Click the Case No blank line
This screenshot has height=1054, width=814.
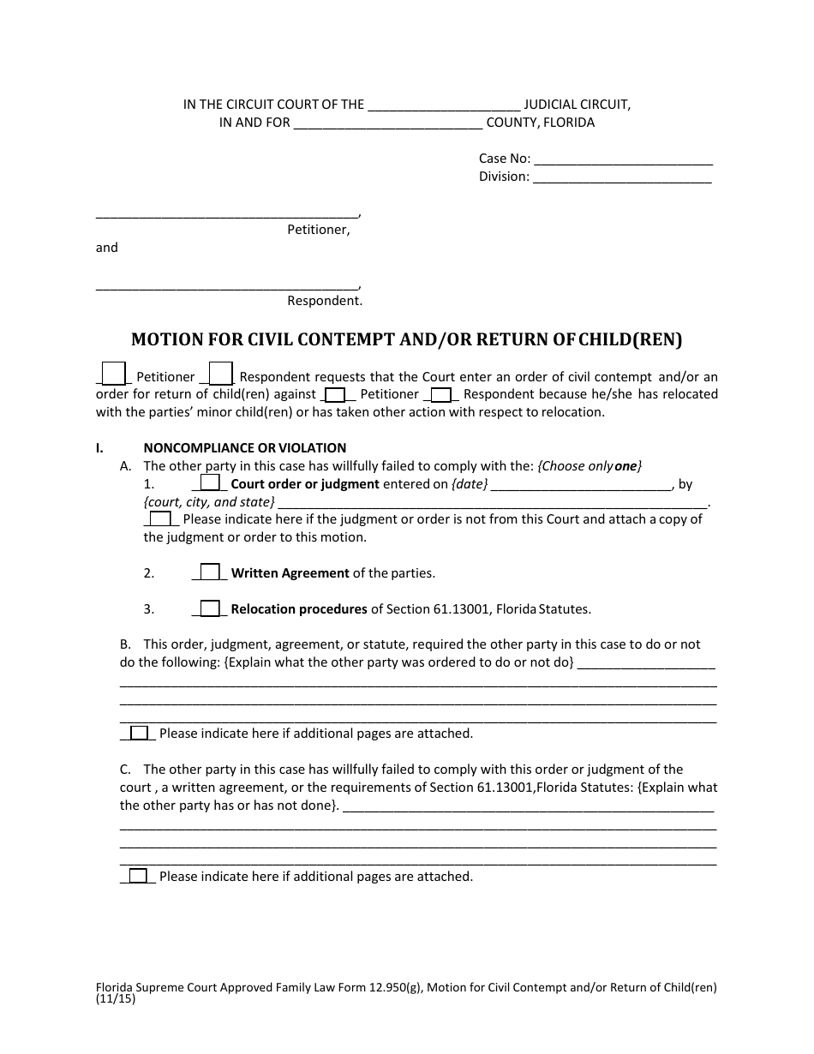[623, 159]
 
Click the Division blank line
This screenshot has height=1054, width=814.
[621, 178]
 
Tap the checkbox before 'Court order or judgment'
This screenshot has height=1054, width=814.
[210, 483]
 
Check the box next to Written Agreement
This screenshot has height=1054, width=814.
[210, 572]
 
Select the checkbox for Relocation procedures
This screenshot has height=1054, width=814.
[210, 608]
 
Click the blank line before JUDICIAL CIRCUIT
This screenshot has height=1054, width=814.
[443, 106]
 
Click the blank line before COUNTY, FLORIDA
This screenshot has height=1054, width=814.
[388, 123]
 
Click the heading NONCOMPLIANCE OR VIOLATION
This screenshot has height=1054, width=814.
[244, 447]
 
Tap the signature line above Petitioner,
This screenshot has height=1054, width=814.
[227, 214]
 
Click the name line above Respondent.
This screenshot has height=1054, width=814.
[227, 285]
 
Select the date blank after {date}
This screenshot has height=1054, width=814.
[583, 485]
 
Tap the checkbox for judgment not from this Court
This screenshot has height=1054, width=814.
[160, 518]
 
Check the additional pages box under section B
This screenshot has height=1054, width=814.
[139, 733]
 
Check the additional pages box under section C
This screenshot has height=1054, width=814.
[139, 876]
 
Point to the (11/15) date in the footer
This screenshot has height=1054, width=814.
[116, 998]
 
